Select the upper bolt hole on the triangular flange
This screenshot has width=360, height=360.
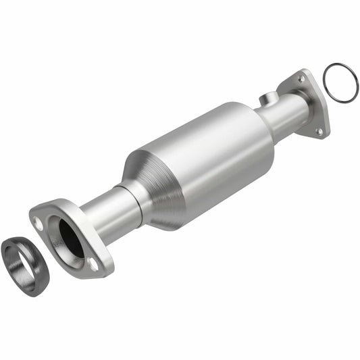click(301, 79)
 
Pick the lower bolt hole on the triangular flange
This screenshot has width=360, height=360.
click(319, 131)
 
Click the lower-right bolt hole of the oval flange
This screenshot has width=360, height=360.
click(93, 263)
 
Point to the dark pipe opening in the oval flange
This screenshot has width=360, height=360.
click(70, 240)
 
